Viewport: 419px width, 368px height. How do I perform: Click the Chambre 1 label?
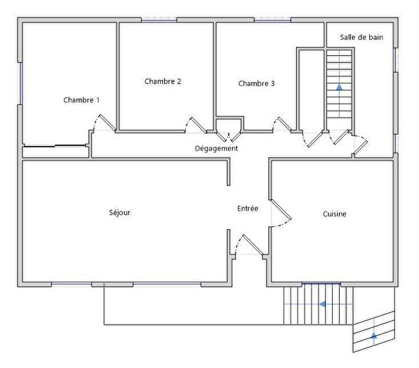(x=81, y=100)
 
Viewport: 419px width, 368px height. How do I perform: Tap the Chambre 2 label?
(x=163, y=81)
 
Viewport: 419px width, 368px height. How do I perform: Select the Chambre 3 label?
(x=256, y=83)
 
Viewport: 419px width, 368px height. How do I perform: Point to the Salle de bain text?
(x=361, y=37)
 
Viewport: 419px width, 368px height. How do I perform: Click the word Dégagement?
(x=216, y=149)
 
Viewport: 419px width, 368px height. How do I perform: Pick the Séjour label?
(x=120, y=213)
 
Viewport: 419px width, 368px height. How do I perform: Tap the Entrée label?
(x=248, y=208)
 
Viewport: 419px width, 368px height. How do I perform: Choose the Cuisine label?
(x=335, y=214)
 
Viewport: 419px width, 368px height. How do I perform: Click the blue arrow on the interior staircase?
(x=339, y=88)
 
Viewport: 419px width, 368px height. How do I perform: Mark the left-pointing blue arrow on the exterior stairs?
(x=322, y=304)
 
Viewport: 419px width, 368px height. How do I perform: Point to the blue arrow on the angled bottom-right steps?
(x=374, y=336)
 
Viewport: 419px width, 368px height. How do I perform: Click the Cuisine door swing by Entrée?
(x=281, y=214)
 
